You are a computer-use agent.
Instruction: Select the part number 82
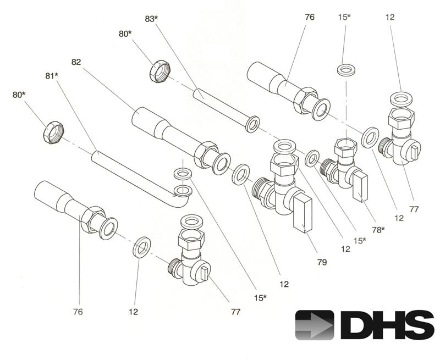[76, 62]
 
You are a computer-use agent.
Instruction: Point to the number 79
[321, 262]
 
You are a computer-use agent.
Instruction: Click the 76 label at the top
[309, 18]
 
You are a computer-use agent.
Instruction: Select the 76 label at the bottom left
[78, 312]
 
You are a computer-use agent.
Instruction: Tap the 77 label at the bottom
[235, 312]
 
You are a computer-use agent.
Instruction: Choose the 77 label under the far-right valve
[414, 209]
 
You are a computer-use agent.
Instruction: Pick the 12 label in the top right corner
[390, 18]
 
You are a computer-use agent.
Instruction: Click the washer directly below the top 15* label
[345, 70]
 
